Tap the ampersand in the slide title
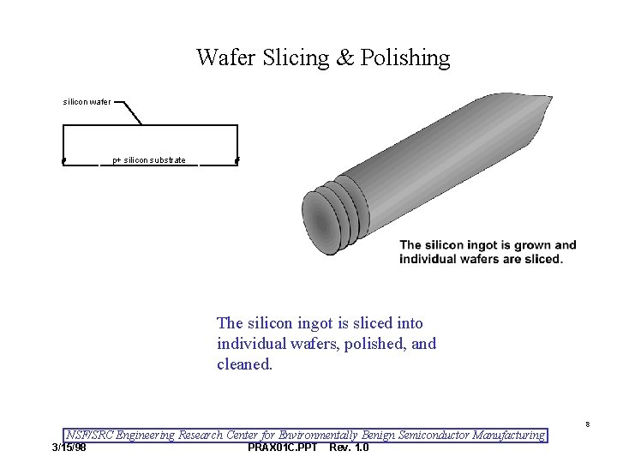pos(344,58)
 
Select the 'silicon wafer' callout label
pos(87,102)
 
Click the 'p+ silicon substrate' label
pos(149,160)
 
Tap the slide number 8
pos(588,424)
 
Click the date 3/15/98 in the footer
pos(69,448)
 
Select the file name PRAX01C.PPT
pos(282,448)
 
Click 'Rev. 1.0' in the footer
pos(349,448)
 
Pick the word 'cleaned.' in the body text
pos(244,364)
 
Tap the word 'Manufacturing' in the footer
pos(505,435)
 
